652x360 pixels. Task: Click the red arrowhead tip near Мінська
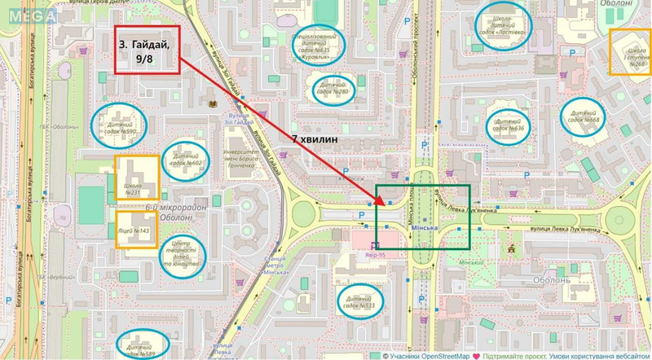(x=381, y=203)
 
